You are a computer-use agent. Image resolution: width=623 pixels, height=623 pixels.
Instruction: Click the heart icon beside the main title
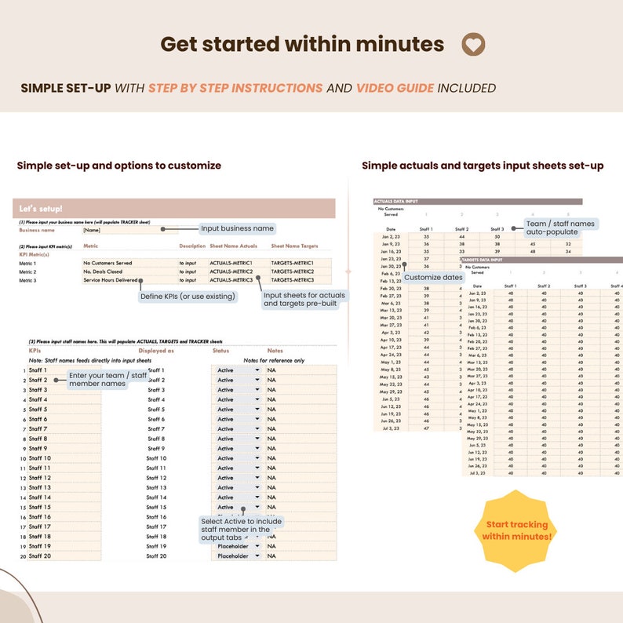pyautogui.click(x=472, y=45)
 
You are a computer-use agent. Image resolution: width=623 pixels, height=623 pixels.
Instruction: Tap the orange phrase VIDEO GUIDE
pyautogui.click(x=395, y=88)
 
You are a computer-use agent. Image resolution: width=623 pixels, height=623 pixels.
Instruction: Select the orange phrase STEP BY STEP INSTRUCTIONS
pyautogui.click(x=235, y=88)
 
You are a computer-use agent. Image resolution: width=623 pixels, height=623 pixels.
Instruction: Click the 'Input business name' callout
pyautogui.click(x=237, y=228)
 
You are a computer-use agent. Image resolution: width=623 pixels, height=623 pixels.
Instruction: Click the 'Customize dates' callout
pyautogui.click(x=433, y=278)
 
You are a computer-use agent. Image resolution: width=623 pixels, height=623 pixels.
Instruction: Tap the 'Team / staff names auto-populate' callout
pyautogui.click(x=560, y=228)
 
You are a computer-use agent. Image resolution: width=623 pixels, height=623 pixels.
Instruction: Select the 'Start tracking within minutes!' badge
pyautogui.click(x=517, y=530)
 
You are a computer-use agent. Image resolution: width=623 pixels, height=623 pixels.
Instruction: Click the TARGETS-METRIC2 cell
pyautogui.click(x=292, y=271)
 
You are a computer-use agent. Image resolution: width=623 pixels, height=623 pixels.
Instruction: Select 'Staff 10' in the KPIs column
pyautogui.click(x=40, y=458)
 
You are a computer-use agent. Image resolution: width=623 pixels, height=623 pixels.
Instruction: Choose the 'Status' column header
pyautogui.click(x=220, y=351)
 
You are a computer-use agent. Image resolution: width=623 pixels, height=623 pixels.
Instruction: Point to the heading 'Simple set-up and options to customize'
pyautogui.click(x=119, y=166)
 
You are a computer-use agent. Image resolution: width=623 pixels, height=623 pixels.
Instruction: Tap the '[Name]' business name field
pyautogui.click(x=93, y=231)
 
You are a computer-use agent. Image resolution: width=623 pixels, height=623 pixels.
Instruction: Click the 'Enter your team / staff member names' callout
pyautogui.click(x=107, y=380)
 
